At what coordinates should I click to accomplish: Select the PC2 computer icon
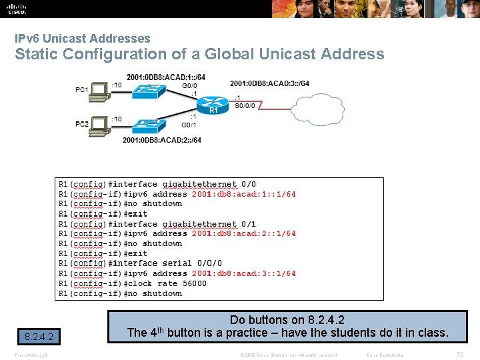(x=99, y=124)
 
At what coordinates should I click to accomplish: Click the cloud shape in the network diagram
(x=317, y=111)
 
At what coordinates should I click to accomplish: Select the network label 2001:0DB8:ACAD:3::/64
(x=269, y=83)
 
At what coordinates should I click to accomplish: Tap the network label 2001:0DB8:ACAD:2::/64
(x=161, y=140)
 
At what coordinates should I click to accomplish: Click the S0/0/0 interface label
(x=244, y=105)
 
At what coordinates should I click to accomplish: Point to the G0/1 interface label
(x=189, y=125)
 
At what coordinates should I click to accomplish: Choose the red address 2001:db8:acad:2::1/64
(x=243, y=234)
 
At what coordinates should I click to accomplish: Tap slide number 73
(x=459, y=354)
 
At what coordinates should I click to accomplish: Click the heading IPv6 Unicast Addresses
(x=83, y=39)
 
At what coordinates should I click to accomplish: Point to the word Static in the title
(x=39, y=55)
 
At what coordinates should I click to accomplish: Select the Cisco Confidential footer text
(x=385, y=355)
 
